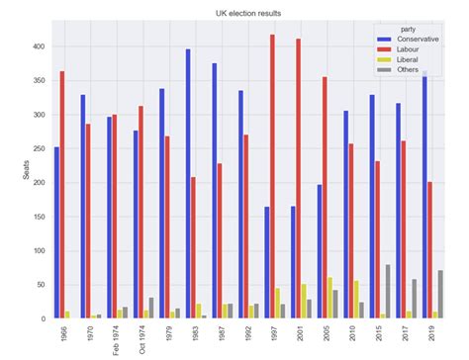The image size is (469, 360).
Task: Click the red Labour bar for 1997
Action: point(272,177)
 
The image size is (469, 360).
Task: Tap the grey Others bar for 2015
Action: point(388,292)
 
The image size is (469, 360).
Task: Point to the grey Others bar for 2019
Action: point(440,295)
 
